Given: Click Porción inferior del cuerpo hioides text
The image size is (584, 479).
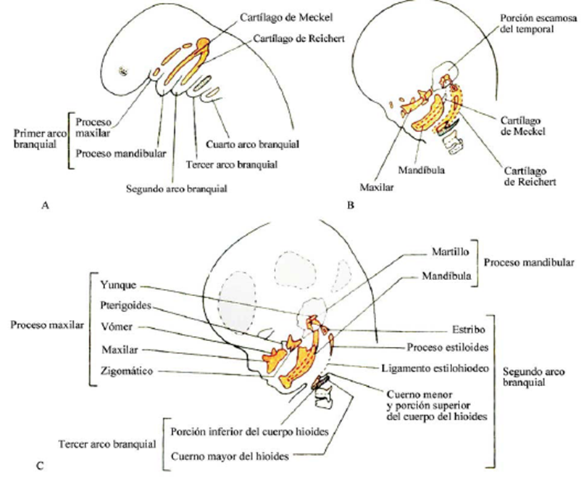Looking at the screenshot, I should [251, 431].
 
